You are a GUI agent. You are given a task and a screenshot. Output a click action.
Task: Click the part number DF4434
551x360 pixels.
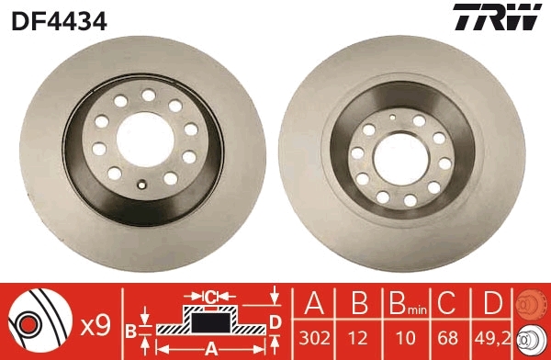click(x=59, y=18)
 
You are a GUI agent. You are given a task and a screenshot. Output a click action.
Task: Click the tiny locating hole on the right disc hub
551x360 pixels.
click(x=392, y=117)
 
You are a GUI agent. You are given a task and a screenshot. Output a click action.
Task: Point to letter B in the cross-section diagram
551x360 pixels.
click(x=130, y=328)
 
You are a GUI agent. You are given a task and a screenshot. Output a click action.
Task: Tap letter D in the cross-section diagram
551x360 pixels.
click(x=275, y=321)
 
